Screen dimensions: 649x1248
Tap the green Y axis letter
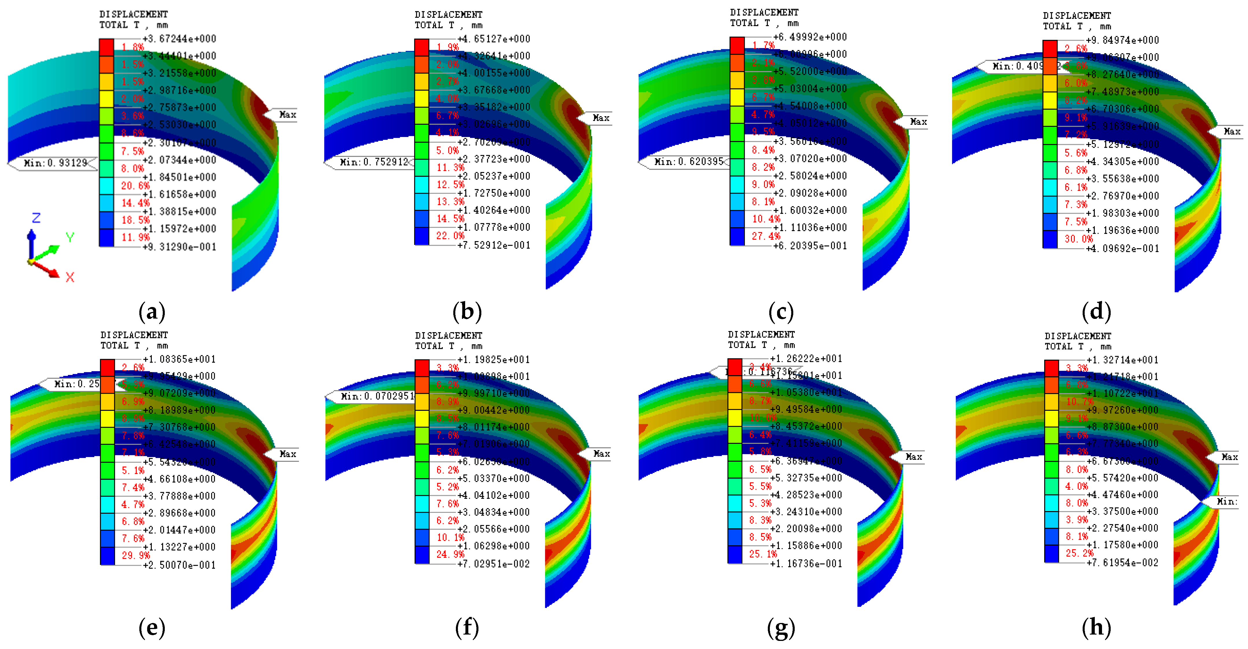[70, 237]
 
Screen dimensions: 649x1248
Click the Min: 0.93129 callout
[53, 163]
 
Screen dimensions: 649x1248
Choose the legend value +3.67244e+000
[179, 39]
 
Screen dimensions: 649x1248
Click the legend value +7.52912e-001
[494, 245]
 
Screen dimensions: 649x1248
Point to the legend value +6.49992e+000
[810, 37]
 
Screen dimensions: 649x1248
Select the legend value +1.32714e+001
[1123, 360]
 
